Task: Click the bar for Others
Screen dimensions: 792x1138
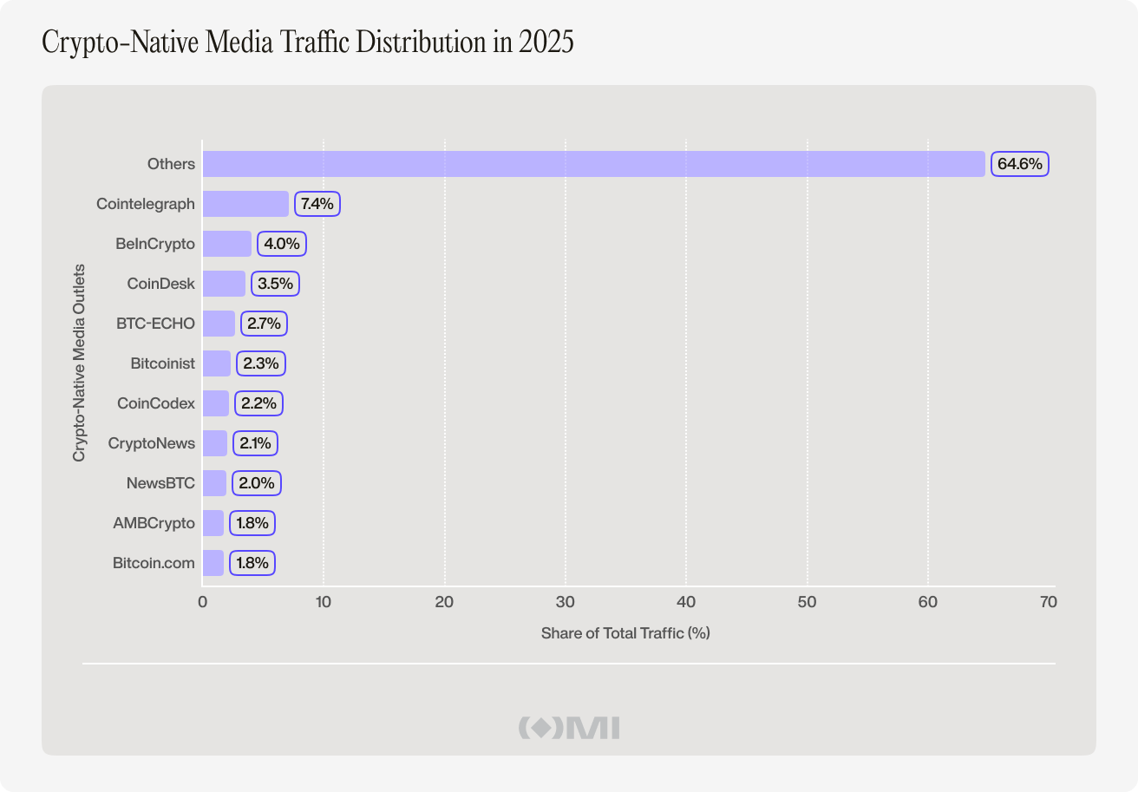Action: pyautogui.click(x=593, y=164)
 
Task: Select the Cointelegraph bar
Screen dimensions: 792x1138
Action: pyautogui.click(x=245, y=204)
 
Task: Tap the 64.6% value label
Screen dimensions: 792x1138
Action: pyautogui.click(x=1020, y=164)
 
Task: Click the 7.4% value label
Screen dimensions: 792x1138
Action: pyautogui.click(x=317, y=204)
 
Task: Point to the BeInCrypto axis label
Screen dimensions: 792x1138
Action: pyautogui.click(x=155, y=244)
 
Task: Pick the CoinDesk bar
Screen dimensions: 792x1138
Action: pyautogui.click(x=224, y=284)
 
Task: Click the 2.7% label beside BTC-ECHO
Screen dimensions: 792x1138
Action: pyautogui.click(x=264, y=324)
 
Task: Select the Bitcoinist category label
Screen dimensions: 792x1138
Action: pyautogui.click(x=163, y=363)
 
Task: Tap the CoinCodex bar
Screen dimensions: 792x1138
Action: pyautogui.click(x=216, y=403)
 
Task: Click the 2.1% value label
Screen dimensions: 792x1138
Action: pyautogui.click(x=255, y=443)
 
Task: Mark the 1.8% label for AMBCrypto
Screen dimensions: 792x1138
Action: pyautogui.click(x=252, y=523)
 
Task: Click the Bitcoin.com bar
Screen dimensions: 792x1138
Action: pyautogui.click(x=213, y=563)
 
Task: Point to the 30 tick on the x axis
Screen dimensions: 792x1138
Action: pyautogui.click(x=566, y=602)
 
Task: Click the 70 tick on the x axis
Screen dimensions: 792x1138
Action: pyautogui.click(x=1048, y=602)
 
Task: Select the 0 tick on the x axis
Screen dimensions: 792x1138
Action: pyautogui.click(x=203, y=602)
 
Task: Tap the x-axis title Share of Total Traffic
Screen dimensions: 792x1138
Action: pyautogui.click(x=625, y=633)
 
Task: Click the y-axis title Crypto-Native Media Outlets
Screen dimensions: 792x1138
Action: pyautogui.click(x=79, y=363)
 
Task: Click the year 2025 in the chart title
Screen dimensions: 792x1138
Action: pyautogui.click(x=546, y=43)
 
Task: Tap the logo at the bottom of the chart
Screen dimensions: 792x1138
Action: pyautogui.click(x=569, y=728)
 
